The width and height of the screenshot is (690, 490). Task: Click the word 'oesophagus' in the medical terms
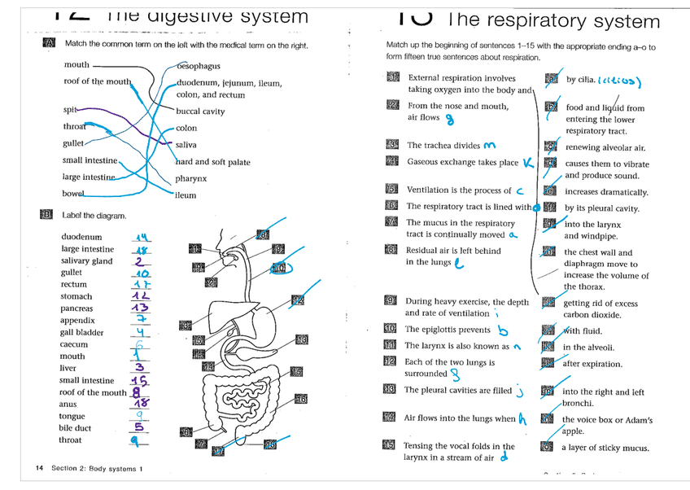(199, 66)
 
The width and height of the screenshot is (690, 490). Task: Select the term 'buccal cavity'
(200, 112)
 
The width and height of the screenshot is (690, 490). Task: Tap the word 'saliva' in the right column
(186, 145)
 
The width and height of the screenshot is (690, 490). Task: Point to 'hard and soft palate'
(212, 162)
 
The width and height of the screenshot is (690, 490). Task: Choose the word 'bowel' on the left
(72, 194)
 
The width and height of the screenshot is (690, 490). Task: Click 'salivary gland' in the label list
(86, 261)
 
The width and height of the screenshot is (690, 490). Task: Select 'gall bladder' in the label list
(81, 332)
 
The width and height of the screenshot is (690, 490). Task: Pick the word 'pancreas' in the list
(76, 308)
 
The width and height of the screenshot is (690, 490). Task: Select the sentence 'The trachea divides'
(443, 145)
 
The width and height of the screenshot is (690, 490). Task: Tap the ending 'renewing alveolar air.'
(606, 147)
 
